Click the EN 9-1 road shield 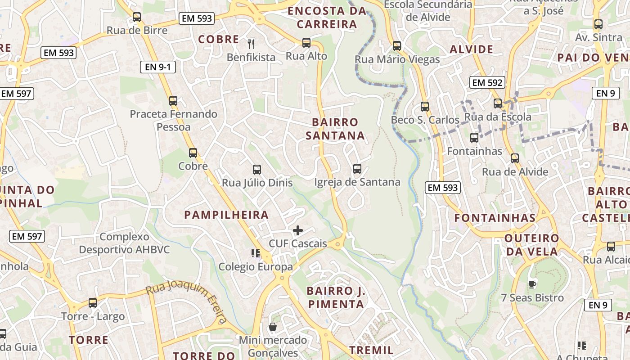point(158,67)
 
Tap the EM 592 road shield point(487,83)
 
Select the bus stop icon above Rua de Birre point(137,18)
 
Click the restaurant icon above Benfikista point(251,44)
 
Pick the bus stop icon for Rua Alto point(306,43)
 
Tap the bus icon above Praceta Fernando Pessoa point(173,101)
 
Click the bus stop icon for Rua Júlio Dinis point(257,170)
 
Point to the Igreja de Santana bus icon point(357,169)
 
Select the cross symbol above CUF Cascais point(298,231)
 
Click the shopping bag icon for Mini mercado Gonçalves point(273,327)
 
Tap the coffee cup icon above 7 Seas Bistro point(532,284)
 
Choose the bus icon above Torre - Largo point(93,303)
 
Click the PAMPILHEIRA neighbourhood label point(226,215)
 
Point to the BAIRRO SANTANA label point(335,129)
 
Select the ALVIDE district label point(471,49)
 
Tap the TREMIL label point(372,350)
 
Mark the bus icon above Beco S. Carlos point(425,107)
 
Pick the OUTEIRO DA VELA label point(532,245)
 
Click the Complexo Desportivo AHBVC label point(124,243)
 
